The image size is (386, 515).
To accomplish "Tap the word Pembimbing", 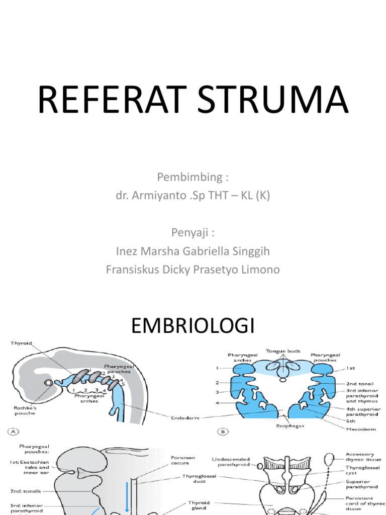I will [x=189, y=177].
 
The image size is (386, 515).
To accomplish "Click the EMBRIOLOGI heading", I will [x=192, y=327].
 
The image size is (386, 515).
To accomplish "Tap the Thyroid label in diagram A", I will [x=22, y=344].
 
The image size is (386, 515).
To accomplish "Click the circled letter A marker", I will [x=10, y=431].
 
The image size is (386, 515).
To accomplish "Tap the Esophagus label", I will [x=290, y=425].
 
